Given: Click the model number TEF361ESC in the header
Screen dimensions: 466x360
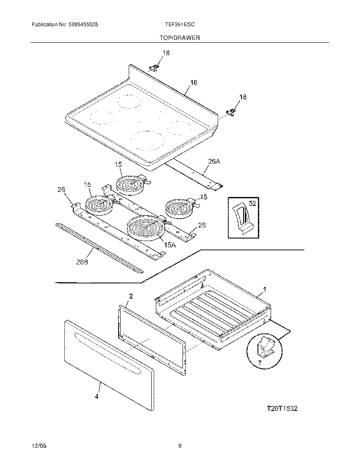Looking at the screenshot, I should [180, 25].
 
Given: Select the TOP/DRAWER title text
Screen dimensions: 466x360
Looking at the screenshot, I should [180, 38].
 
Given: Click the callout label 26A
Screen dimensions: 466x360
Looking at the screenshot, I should [214, 161].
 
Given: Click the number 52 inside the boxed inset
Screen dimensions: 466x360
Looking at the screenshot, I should [253, 204].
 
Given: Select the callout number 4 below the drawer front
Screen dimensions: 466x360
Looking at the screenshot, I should [97, 397].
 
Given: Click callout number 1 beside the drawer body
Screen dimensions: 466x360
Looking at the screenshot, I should [265, 289].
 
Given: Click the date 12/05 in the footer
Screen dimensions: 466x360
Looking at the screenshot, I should [39, 446].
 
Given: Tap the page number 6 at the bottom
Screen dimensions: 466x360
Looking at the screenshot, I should [180, 446].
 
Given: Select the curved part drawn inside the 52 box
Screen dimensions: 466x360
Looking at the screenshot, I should [241, 216].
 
